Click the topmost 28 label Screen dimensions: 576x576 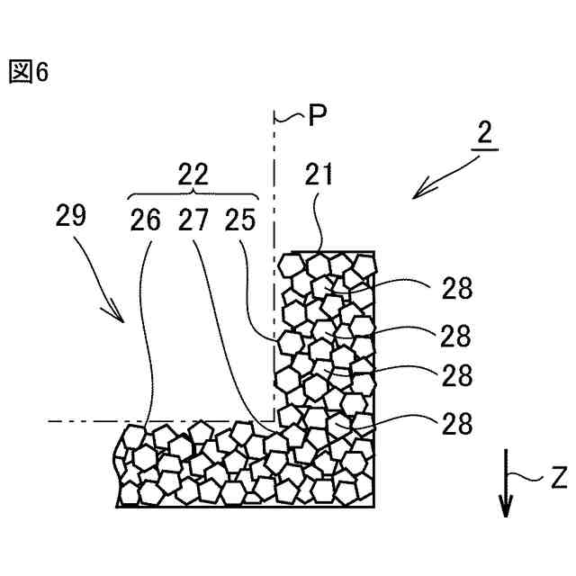(456, 289)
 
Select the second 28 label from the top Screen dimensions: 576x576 (456, 336)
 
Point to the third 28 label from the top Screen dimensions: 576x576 (456, 373)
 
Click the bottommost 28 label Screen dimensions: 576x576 (456, 424)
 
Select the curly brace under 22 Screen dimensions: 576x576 (193, 194)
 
